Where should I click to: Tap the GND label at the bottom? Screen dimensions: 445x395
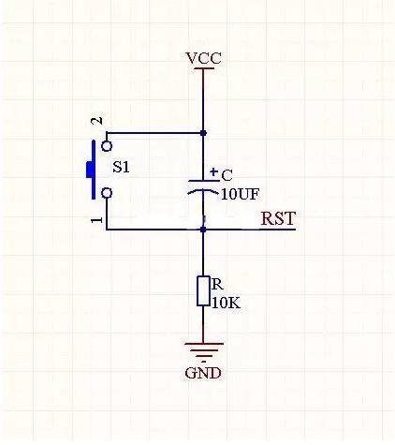(x=203, y=372)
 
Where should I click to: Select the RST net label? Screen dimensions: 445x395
(x=278, y=219)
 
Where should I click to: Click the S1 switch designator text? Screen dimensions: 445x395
(x=122, y=170)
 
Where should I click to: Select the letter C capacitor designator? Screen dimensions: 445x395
(x=227, y=175)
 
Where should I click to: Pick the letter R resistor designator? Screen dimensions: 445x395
(x=216, y=284)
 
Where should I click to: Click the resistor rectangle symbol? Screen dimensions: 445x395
(x=203, y=291)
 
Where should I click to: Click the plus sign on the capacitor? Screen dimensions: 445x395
(x=214, y=172)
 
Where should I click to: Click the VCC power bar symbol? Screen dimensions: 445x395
(x=203, y=69)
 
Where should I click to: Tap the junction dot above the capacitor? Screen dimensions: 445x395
(x=203, y=134)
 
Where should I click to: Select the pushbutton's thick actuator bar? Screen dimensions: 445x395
(x=91, y=170)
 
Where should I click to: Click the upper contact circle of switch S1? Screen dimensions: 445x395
(x=108, y=145)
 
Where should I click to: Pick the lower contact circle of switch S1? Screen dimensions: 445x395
(x=108, y=193)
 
